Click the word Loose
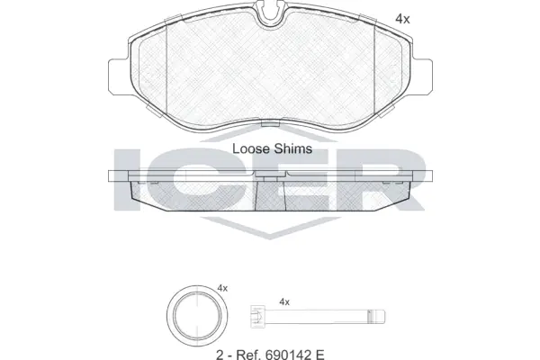click(x=251, y=149)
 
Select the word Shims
click(x=292, y=149)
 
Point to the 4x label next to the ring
click(x=222, y=289)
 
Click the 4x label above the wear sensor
click(x=284, y=301)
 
